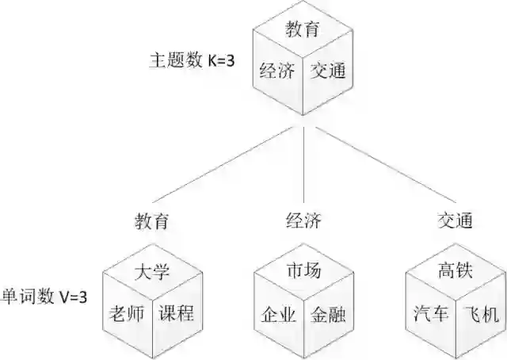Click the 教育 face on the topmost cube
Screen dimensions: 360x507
(302, 30)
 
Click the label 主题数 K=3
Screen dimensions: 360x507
(193, 60)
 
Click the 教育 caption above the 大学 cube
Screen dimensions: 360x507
(151, 221)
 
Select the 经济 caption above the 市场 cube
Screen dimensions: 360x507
(302, 221)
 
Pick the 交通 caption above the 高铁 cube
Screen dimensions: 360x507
(455, 221)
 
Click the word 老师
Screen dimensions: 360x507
(127, 314)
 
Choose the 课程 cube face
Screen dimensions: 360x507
(176, 314)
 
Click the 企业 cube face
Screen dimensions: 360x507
(278, 315)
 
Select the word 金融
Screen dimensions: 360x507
(327, 315)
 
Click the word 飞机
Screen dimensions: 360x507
(480, 315)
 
